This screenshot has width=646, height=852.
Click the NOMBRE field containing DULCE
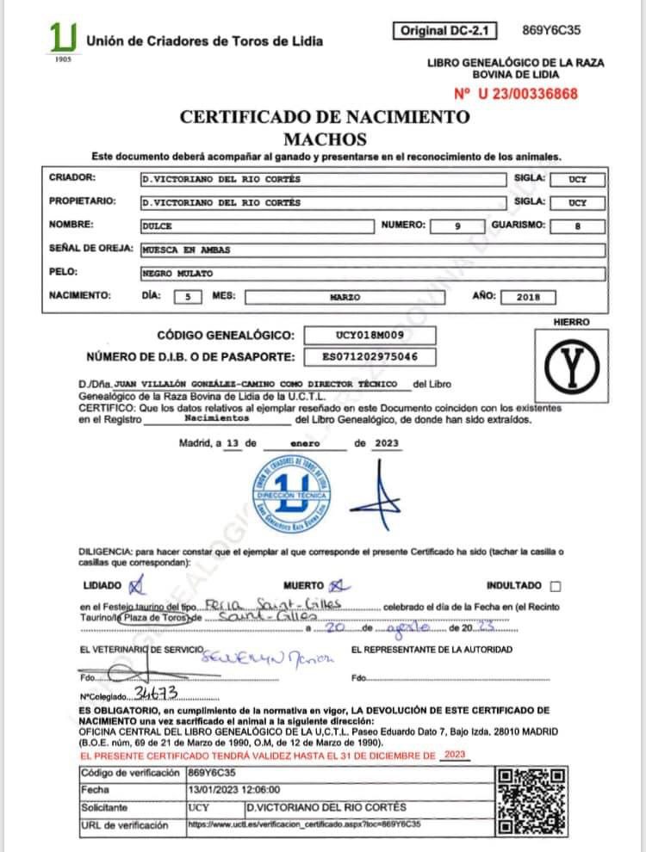(258, 225)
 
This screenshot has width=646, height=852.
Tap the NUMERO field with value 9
(458, 225)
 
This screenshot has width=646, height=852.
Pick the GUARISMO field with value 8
(577, 225)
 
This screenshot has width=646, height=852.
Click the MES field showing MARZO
(345, 297)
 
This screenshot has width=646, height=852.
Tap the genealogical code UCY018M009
(371, 335)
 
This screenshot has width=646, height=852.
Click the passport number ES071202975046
(371, 356)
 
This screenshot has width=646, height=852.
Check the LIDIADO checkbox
(134, 585)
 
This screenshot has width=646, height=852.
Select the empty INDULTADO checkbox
(555, 586)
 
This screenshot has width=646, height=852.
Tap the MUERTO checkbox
(335, 585)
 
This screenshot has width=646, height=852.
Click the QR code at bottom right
(533, 799)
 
